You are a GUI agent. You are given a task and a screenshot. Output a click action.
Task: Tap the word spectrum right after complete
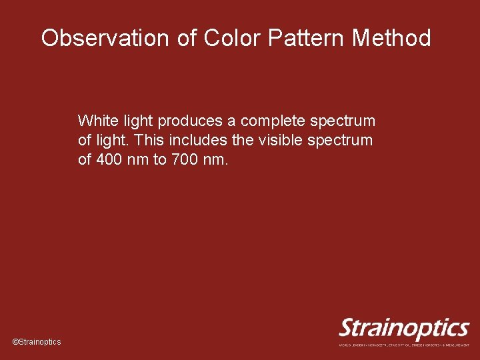(343, 121)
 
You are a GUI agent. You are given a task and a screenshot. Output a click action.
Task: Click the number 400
(109, 160)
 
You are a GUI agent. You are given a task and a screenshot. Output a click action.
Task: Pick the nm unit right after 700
(214, 160)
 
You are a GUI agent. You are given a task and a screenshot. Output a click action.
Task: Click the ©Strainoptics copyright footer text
(37, 342)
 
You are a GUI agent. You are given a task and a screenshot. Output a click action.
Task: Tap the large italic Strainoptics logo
(404, 329)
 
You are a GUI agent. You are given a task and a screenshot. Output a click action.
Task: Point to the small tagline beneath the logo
(404, 345)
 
